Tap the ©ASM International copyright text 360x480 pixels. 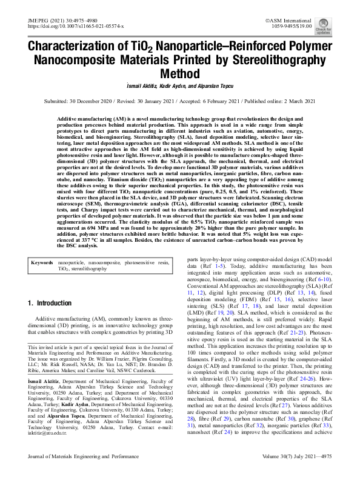coord(294,21)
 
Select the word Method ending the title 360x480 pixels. coord(179,74)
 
